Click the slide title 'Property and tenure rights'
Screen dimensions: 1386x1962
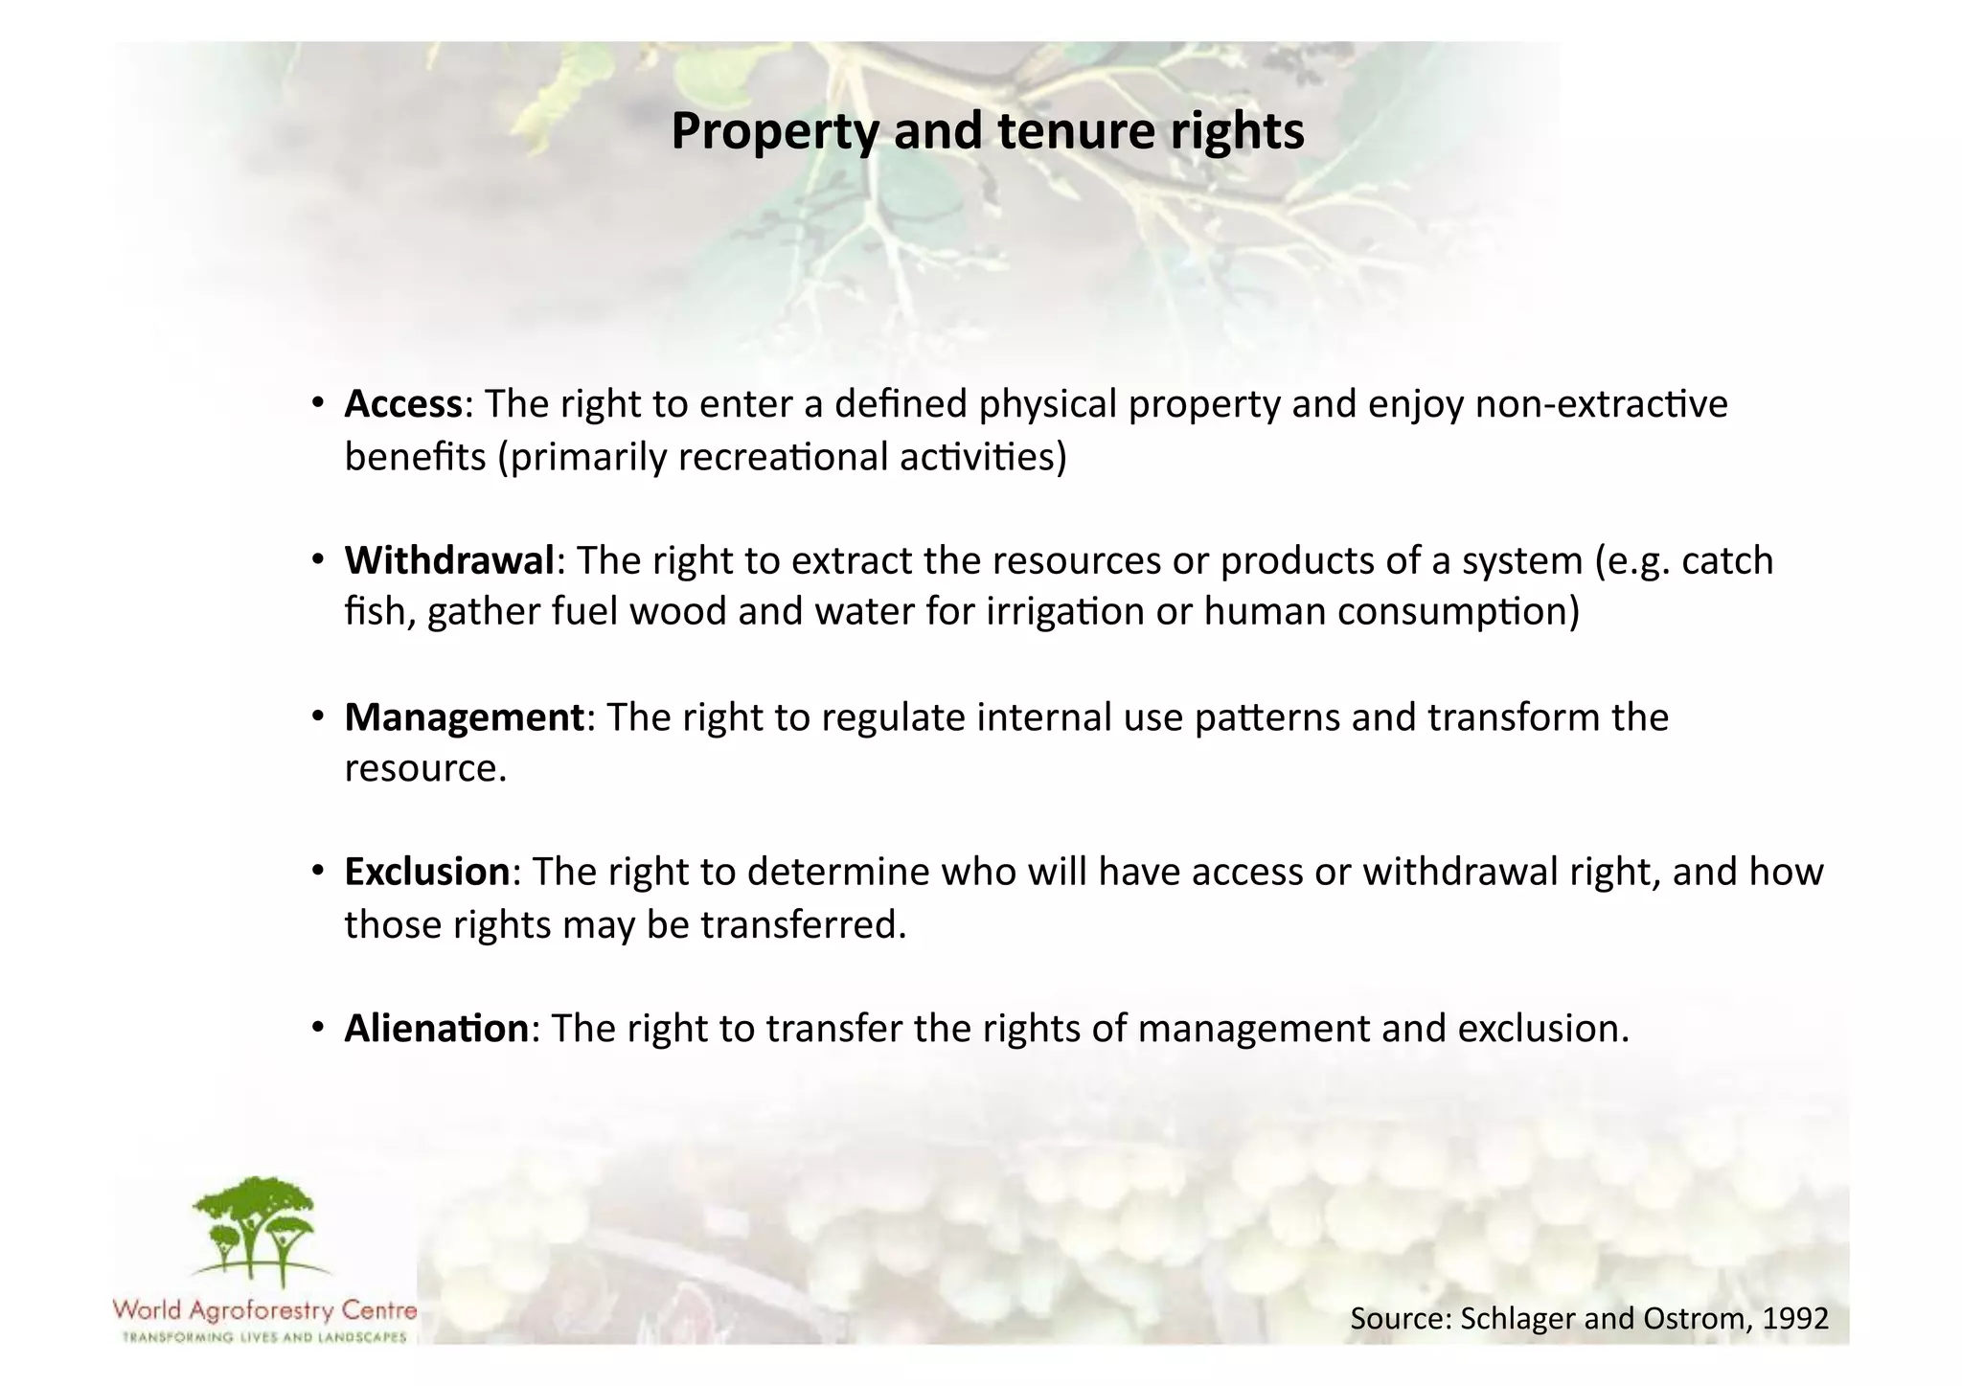[987, 131]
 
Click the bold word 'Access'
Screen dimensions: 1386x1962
[403, 404]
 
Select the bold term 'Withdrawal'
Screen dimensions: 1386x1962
[449, 560]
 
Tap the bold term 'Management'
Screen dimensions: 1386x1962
[464, 717]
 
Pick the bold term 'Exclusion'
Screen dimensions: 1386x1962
[427, 873]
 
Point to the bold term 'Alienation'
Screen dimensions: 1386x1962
[436, 1029]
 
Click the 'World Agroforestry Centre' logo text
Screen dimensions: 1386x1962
[264, 1310]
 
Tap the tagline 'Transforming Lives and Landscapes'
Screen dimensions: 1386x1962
[264, 1337]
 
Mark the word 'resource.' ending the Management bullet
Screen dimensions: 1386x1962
[425, 769]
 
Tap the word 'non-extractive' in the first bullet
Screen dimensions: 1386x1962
[1602, 404]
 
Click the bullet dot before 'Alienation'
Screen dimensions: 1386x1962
[317, 1029]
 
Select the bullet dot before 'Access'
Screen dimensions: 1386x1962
[317, 404]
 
